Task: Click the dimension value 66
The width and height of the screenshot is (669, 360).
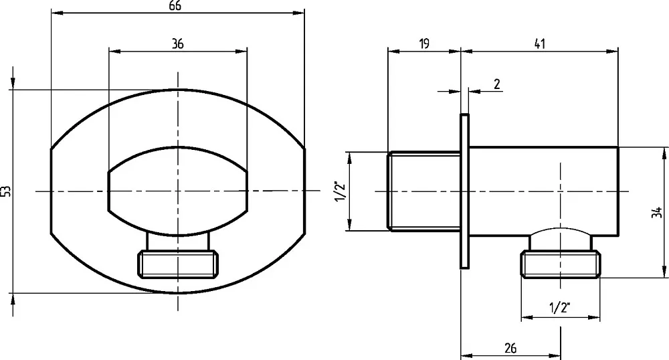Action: (x=175, y=5)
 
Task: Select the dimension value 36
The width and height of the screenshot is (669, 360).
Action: (x=177, y=43)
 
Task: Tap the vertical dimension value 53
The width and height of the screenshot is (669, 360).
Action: (x=6, y=191)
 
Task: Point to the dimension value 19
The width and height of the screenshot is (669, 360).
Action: (x=423, y=44)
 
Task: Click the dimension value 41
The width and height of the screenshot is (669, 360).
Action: (x=539, y=44)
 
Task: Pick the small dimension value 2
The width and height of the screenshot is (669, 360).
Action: (x=497, y=84)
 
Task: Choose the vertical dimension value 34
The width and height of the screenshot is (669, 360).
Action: (x=657, y=212)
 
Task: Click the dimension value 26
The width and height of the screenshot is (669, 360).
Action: (x=510, y=349)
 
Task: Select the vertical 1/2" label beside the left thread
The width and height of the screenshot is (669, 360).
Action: (x=341, y=191)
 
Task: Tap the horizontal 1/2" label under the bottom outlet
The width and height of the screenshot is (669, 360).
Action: (x=560, y=308)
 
